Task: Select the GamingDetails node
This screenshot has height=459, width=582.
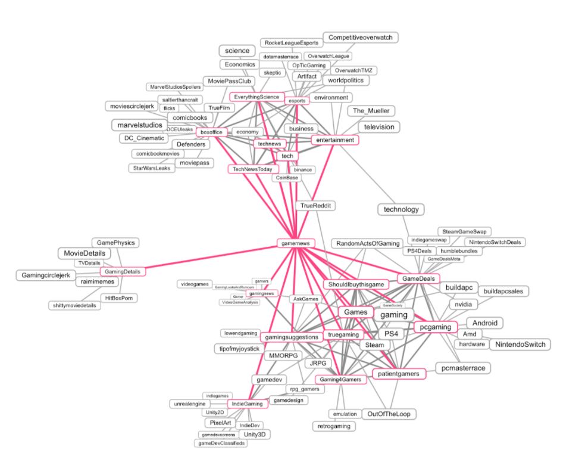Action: pyautogui.click(x=123, y=271)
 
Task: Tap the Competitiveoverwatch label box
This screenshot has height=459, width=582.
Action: pyautogui.click(x=361, y=38)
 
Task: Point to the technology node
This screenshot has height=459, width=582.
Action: pyautogui.click(x=401, y=209)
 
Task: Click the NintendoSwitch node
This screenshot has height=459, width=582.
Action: pyautogui.click(x=520, y=345)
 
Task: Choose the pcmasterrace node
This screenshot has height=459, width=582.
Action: pyautogui.click(x=463, y=368)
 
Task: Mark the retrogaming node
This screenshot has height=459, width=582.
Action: pyautogui.click(x=334, y=426)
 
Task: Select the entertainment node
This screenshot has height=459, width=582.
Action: pyautogui.click(x=335, y=139)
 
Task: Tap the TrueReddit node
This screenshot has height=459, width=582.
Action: pyautogui.click(x=315, y=206)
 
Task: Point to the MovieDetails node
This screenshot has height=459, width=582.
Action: pyautogui.click(x=85, y=253)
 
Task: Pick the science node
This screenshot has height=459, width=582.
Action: pyautogui.click(x=237, y=51)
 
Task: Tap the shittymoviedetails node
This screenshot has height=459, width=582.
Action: pyautogui.click(x=74, y=305)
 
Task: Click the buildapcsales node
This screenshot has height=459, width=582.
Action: pyautogui.click(x=503, y=291)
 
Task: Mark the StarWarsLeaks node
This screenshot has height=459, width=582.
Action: pyautogui.click(x=151, y=168)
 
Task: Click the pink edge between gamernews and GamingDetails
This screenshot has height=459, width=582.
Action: pyautogui.click(x=208, y=257)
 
